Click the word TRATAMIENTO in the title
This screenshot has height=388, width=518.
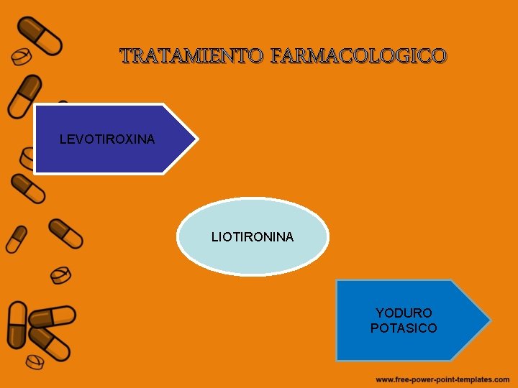192,55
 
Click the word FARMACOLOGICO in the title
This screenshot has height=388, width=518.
358,55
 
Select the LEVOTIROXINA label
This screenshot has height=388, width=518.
106,139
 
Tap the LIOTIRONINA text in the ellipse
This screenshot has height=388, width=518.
253,236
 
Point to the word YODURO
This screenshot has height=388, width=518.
404,313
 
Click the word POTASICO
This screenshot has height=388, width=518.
404,328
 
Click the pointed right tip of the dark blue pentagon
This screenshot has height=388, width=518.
196,139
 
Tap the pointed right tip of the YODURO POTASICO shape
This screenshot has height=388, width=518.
489,320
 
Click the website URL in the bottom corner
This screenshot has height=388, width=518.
442,379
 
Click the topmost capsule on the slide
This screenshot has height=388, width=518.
40,34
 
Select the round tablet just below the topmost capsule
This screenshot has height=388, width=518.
22,56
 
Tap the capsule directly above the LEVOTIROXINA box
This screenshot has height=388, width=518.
24,96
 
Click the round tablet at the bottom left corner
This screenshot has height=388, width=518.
34,359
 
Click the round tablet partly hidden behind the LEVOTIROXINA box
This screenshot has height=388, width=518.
27,157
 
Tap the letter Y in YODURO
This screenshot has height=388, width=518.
380,313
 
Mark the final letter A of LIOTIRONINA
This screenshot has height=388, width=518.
289,236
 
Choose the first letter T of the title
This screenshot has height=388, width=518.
127,55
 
